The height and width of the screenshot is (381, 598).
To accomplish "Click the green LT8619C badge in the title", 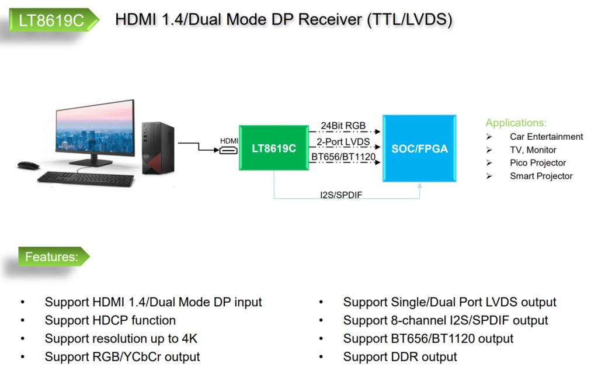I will (51, 20).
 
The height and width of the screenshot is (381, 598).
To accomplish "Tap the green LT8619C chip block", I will (273, 148).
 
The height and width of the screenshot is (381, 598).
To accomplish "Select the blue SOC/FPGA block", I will (419, 148).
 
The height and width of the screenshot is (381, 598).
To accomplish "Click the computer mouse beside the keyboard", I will (28, 165).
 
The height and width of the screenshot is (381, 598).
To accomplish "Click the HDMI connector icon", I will (228, 151).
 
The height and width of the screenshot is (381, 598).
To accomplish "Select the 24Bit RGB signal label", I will (343, 126).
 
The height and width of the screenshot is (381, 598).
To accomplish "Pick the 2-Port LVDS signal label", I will (343, 142).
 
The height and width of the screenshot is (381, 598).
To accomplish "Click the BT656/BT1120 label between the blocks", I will (343, 157).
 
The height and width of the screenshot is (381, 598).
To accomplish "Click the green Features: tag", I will (52, 257).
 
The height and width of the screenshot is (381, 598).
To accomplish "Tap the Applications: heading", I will (516, 123).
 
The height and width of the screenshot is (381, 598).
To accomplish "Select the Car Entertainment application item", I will (546, 137).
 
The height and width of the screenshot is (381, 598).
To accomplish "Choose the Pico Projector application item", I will (538, 163).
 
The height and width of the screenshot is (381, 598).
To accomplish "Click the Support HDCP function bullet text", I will (110, 320).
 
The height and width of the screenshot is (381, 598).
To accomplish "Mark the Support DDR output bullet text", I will (400, 356).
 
